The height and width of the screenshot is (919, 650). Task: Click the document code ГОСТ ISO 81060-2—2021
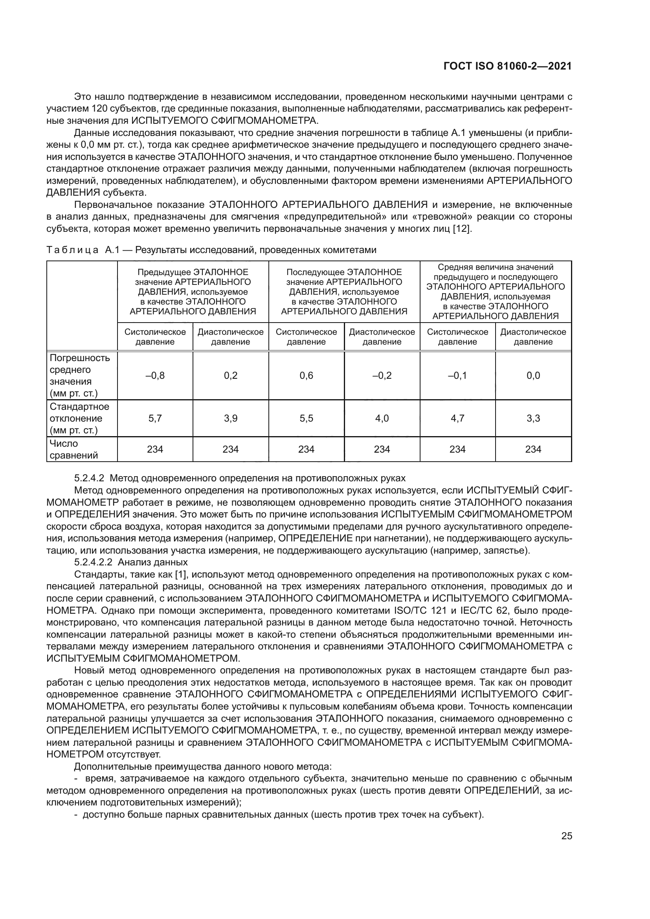point(507,66)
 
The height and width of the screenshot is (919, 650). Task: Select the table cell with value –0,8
point(155,375)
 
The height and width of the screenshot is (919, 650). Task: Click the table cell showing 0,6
point(306,375)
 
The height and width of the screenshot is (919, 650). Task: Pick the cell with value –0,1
point(457,375)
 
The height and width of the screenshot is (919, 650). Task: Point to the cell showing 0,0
point(533,375)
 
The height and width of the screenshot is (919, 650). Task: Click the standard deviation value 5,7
point(155,418)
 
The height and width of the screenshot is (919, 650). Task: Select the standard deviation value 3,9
point(231,418)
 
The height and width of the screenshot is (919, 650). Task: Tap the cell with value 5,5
point(306,418)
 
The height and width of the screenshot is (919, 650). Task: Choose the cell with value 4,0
point(382,418)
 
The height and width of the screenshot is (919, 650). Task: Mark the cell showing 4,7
point(457,418)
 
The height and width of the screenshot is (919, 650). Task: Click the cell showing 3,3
point(533,418)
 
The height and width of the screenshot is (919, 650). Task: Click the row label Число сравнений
point(73,449)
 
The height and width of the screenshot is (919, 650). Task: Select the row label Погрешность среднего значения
point(79,375)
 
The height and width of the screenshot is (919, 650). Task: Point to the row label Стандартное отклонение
point(79,418)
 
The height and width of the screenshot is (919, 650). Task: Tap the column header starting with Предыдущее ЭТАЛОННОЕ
point(193,292)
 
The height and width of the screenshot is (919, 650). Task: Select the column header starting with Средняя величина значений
point(496,292)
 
